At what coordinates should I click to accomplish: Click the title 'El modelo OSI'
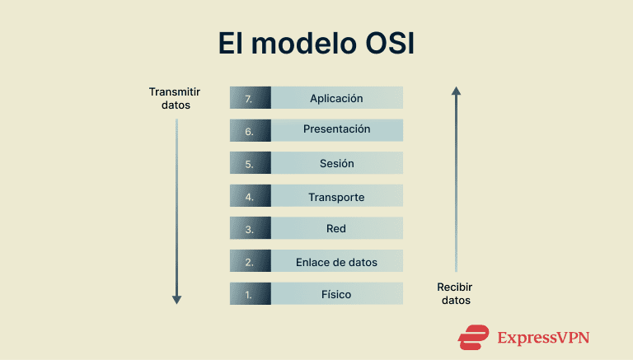coord(316,44)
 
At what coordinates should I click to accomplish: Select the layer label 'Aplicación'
coord(336,98)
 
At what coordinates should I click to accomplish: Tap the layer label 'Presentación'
coord(336,129)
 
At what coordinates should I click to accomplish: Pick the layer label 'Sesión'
coord(336,163)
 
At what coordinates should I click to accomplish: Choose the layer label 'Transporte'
coord(336,197)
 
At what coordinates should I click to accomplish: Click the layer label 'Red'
coord(336,228)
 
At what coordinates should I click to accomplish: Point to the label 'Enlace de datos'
coord(336,262)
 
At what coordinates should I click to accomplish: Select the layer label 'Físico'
coord(336,294)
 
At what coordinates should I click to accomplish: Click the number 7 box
coord(249,98)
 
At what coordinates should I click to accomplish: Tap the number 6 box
coord(249,130)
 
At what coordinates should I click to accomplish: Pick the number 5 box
coord(249,163)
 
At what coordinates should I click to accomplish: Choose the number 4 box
coord(249,196)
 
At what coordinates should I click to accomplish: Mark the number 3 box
coord(249,228)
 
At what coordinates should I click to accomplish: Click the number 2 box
coord(249,261)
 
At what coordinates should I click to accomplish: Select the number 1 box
coord(249,294)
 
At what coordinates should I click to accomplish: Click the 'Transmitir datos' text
coord(175,98)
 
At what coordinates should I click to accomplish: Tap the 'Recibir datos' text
coord(455,293)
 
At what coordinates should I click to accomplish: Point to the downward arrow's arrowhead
coord(176,299)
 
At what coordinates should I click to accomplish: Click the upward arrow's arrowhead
coord(456,90)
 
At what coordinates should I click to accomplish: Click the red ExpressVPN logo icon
coord(474,337)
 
